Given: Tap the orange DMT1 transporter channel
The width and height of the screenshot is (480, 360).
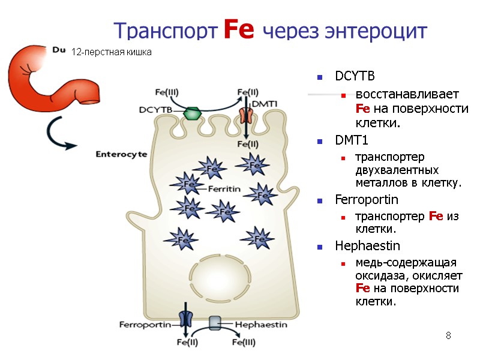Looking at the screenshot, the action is [246, 115].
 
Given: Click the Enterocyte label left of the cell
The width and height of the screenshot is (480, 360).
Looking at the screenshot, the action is [122, 154].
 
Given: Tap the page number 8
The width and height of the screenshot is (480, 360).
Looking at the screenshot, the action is [448, 335].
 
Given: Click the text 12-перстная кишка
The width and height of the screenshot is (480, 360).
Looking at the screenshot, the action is [112, 52].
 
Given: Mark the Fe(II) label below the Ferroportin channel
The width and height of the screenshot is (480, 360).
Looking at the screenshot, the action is [187, 343].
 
